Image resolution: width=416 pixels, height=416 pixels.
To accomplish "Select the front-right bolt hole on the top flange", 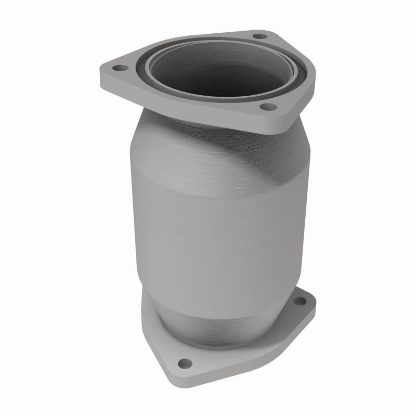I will point(268,107).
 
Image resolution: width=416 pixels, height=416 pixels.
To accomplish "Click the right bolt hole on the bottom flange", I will point(300,301).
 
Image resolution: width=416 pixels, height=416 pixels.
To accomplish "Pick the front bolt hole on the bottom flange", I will point(184,363).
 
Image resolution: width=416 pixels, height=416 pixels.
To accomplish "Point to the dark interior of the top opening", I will point(218,78).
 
